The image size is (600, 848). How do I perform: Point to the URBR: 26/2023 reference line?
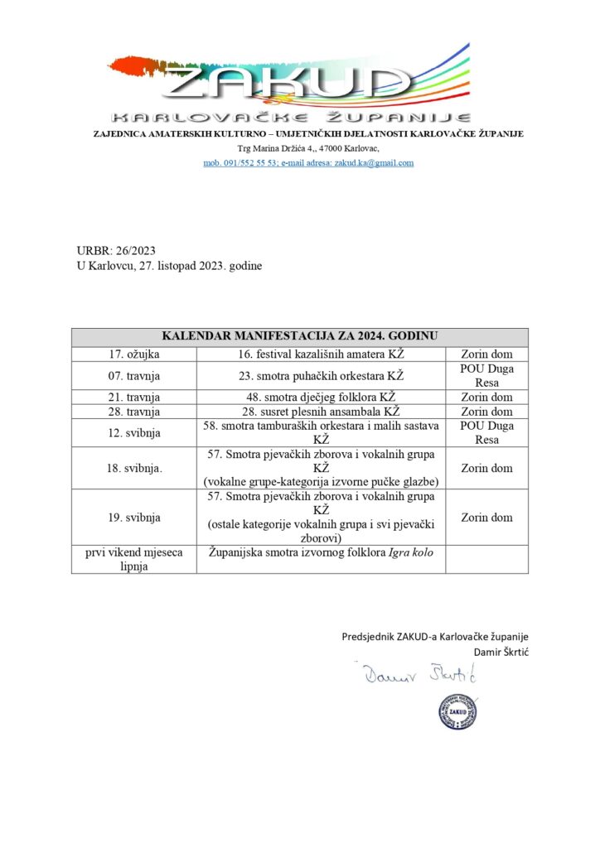click(116, 250)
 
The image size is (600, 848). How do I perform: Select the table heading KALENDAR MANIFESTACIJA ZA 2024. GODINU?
click(299, 336)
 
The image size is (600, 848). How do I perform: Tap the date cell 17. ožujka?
click(134, 354)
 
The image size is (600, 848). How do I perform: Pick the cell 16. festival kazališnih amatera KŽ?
click(321, 354)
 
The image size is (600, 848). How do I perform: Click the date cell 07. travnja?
click(134, 375)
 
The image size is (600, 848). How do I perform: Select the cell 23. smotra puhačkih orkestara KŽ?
click(321, 375)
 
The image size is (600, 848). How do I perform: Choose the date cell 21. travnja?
click(134, 397)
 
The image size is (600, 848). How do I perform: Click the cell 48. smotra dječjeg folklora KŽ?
click(321, 397)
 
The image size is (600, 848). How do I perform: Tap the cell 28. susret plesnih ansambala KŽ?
click(321, 411)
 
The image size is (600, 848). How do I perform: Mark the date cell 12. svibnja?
click(134, 432)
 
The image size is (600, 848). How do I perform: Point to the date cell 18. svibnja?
click(134, 468)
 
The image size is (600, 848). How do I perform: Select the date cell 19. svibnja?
click(134, 518)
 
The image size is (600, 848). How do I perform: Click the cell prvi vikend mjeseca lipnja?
click(134, 559)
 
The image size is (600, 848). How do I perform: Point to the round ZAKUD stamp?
click(458, 711)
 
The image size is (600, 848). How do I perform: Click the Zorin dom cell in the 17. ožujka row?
click(486, 354)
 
